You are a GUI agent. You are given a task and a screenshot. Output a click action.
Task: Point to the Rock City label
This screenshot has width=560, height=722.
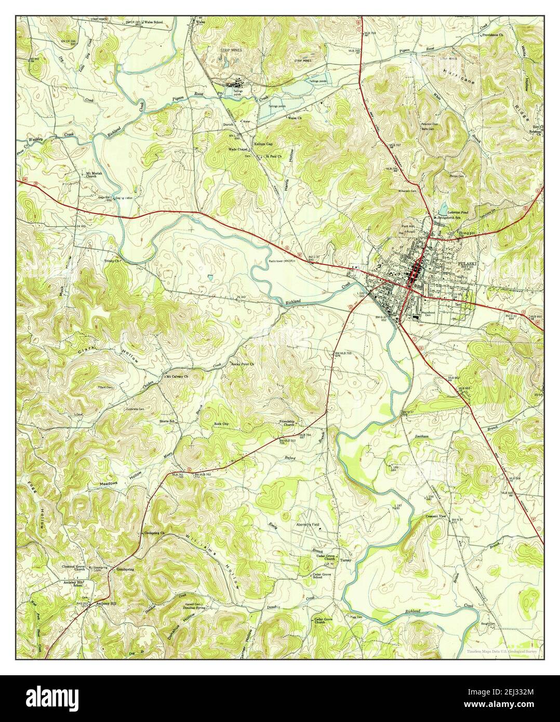221,424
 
